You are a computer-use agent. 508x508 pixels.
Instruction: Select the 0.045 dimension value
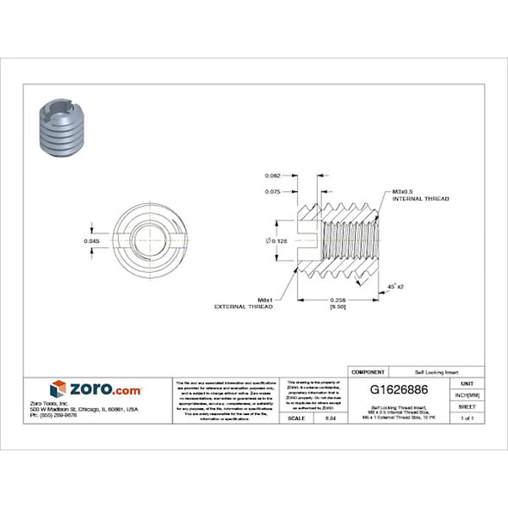pos(91,241)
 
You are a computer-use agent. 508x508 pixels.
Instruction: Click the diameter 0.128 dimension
pos(277,241)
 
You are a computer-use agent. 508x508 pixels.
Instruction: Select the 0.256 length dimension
pos(338,298)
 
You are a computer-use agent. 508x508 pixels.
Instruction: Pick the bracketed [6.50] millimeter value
pos(338,306)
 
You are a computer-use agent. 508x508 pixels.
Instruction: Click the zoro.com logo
pos(95,390)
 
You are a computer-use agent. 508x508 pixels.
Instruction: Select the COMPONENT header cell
pos(368,371)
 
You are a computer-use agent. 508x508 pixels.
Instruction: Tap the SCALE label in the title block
pos(297,418)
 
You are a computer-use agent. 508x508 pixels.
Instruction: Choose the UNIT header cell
pos(468,382)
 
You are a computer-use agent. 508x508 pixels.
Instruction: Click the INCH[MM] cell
pos(468,394)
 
